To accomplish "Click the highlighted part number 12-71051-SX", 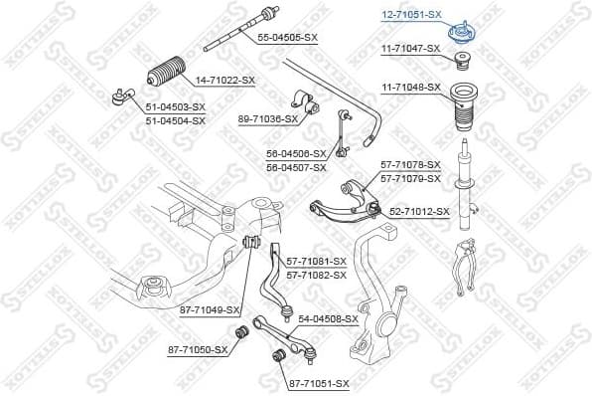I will (412, 15).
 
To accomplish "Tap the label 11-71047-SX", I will (409, 48).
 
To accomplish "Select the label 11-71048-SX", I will (409, 87).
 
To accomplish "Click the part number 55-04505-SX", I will (287, 37).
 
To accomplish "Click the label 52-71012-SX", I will (419, 211).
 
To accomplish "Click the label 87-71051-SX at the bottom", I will (319, 382).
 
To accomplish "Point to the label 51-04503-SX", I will (175, 106).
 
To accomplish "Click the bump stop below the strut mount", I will (462, 66).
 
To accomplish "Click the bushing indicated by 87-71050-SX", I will (238, 331).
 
